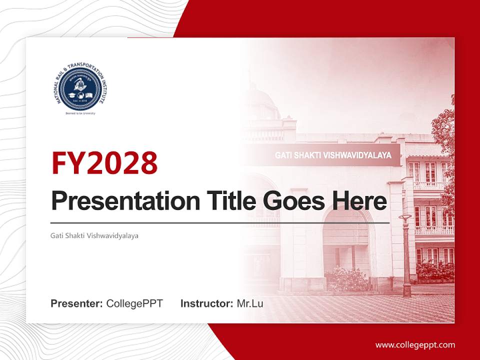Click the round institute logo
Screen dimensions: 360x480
(79, 87)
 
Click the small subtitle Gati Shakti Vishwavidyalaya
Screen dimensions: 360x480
(94, 235)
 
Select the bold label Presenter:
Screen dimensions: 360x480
(77, 303)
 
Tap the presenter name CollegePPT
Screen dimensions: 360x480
(134, 303)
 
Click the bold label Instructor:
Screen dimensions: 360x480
(206, 303)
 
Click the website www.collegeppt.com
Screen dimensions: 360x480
(415, 344)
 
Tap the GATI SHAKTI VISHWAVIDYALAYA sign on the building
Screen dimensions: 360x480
(333, 155)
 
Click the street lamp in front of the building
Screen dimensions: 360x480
(405, 255)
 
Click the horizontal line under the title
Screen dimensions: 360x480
(220, 223)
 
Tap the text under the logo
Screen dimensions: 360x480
(80, 113)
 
